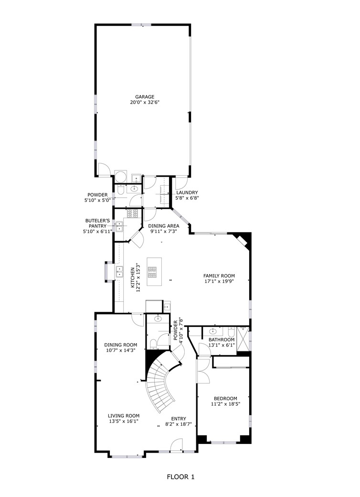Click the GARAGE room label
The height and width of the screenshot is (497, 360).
pos(145,96)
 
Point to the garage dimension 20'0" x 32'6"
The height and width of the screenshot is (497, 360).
pos(145,102)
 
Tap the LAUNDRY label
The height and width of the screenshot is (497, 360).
pos(187,192)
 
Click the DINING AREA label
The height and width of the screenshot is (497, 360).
pos(164,226)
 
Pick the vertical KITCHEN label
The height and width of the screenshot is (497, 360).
pos(133,278)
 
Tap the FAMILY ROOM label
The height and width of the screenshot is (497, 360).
pos(219,276)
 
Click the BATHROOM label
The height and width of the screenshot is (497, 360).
pos(222,339)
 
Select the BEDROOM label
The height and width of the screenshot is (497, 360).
pos(225,399)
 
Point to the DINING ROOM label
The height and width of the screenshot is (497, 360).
pos(121,345)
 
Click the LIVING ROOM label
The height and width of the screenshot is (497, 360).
pos(124,416)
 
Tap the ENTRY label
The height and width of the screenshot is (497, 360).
pos(179,419)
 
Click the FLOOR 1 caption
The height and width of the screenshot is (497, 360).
pos(180,477)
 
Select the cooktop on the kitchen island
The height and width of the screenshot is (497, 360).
pos(152,272)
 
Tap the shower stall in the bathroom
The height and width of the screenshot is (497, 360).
pos(243,339)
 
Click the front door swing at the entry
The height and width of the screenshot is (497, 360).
pos(177,444)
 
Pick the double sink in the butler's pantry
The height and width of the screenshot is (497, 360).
pos(119,226)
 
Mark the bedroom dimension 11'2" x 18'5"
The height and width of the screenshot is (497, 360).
pos(225,404)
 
